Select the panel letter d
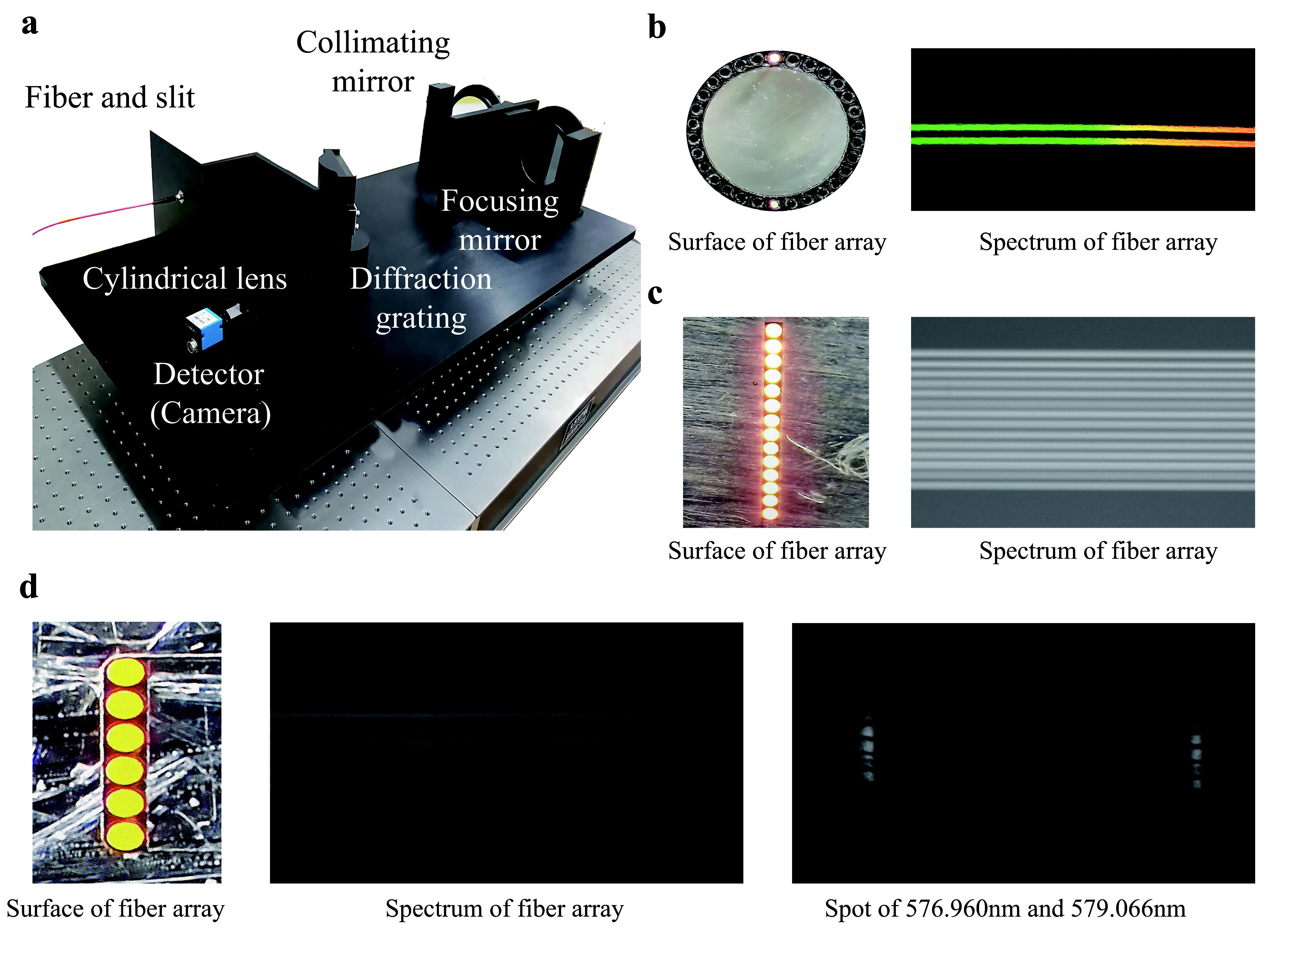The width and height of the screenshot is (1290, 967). click(x=29, y=587)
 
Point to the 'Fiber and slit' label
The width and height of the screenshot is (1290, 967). click(x=110, y=97)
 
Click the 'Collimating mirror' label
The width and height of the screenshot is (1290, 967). click(x=373, y=61)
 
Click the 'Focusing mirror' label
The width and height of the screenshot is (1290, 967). click(x=500, y=220)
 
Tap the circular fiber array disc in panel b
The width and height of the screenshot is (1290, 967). click(x=776, y=131)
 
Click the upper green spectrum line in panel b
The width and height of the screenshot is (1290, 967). click(x=1021, y=126)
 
